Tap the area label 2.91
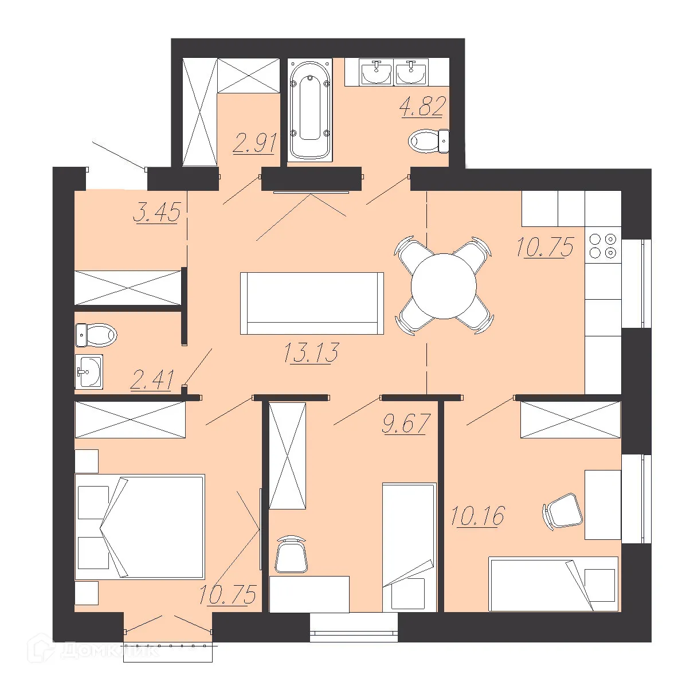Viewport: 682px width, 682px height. coord(255,143)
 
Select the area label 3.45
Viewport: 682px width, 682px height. coord(156,213)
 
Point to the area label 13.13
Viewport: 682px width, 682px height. coord(311,352)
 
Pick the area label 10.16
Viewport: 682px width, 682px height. coord(477,516)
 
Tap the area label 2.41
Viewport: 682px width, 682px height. coord(152,380)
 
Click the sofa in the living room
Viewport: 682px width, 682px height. coord(312,303)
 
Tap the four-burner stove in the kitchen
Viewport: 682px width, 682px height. coord(603,245)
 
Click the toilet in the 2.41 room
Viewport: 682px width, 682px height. coord(96,334)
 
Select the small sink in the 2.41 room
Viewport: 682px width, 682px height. coord(89,372)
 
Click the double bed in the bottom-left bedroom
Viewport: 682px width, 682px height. coord(140,526)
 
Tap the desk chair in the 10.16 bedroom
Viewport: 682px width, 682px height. coord(562,511)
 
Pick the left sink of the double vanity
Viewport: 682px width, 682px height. coord(377,73)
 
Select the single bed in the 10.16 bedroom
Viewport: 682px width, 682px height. coord(553,583)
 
